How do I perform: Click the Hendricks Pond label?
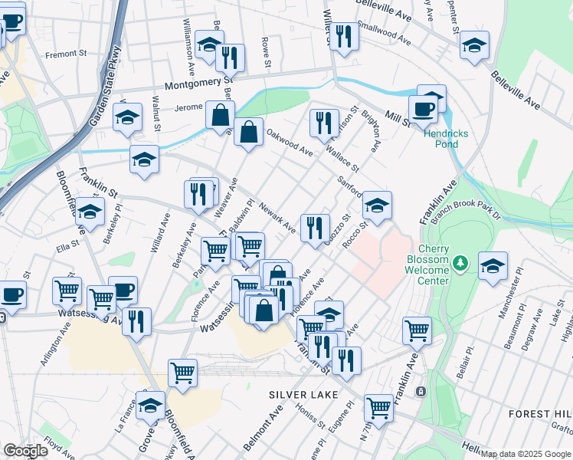point(441,139)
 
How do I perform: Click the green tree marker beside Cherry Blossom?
point(460,263)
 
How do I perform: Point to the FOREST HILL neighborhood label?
point(540,413)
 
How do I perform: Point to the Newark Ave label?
point(277,217)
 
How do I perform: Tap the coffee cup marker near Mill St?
point(422,109)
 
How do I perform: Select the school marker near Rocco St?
point(377,205)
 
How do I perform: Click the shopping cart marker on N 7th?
point(378,406)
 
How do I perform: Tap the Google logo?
point(25,451)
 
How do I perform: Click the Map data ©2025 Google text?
point(526,454)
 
